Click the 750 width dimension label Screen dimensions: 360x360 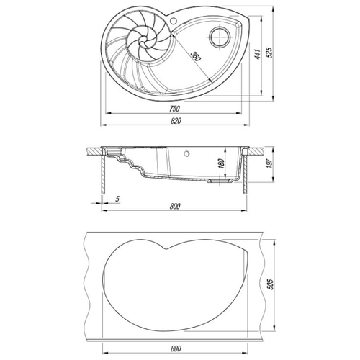point(174,109)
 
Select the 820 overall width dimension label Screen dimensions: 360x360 point(176,121)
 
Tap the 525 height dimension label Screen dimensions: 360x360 point(269,53)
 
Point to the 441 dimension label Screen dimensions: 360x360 point(258,55)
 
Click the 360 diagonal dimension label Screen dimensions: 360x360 point(196,56)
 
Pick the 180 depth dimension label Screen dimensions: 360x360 point(221,163)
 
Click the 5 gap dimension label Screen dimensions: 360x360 point(117,199)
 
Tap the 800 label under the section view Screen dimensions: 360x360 point(175,206)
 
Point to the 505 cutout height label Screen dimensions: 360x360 point(270,284)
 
